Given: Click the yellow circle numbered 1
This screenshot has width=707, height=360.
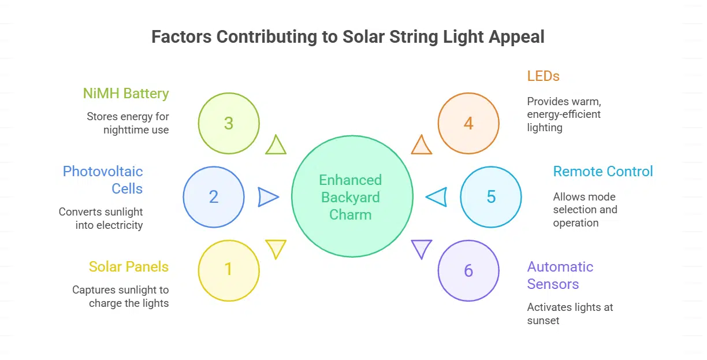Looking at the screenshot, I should pyautogui.click(x=229, y=270).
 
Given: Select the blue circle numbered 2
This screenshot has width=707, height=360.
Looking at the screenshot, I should pyautogui.click(x=214, y=197).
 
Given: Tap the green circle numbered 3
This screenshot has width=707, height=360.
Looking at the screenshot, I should pyautogui.click(x=229, y=123).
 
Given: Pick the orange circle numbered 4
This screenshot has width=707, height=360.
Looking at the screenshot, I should pyautogui.click(x=468, y=123).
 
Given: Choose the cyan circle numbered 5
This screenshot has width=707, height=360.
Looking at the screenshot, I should pyautogui.click(x=491, y=197).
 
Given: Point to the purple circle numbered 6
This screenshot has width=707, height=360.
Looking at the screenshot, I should pyautogui.click(x=468, y=270).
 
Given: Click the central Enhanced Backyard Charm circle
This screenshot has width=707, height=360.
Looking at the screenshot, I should pyautogui.click(x=352, y=197).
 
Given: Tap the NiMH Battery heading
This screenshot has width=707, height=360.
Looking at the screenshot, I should pyautogui.click(x=125, y=94).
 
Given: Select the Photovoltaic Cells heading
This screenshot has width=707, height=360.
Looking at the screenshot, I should pyautogui.click(x=103, y=180).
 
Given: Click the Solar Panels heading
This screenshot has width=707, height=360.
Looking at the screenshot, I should pyautogui.click(x=129, y=266).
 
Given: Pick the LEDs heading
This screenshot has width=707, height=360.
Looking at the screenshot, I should pyautogui.click(x=544, y=76).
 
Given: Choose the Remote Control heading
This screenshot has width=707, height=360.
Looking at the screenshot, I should pyautogui.click(x=603, y=172).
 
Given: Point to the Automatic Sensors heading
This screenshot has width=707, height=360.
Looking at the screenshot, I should pyautogui.click(x=560, y=275).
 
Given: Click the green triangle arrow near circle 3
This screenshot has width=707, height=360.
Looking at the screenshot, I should pyautogui.click(x=276, y=146).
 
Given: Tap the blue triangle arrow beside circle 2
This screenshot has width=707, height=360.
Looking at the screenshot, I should pyautogui.click(x=267, y=197).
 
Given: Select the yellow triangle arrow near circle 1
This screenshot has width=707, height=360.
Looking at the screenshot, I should pyautogui.click(x=276, y=248).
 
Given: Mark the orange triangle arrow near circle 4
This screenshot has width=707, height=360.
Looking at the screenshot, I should pyautogui.click(x=422, y=146).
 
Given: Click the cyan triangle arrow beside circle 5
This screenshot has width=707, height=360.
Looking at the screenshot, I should pyautogui.click(x=437, y=197).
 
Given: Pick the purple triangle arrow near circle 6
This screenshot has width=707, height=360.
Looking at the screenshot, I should pyautogui.click(x=422, y=248).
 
